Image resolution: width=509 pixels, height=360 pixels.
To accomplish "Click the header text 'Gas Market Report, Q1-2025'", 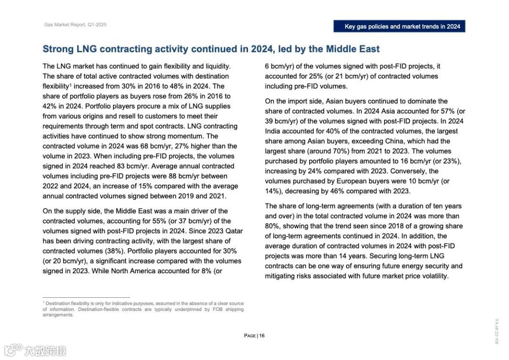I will coord(75,25).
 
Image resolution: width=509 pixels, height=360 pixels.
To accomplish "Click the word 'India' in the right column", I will coord(273,131).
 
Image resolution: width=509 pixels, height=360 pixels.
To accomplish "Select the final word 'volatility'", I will coord(433,276).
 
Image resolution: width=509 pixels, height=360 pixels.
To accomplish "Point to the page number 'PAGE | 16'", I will coord(254,335).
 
